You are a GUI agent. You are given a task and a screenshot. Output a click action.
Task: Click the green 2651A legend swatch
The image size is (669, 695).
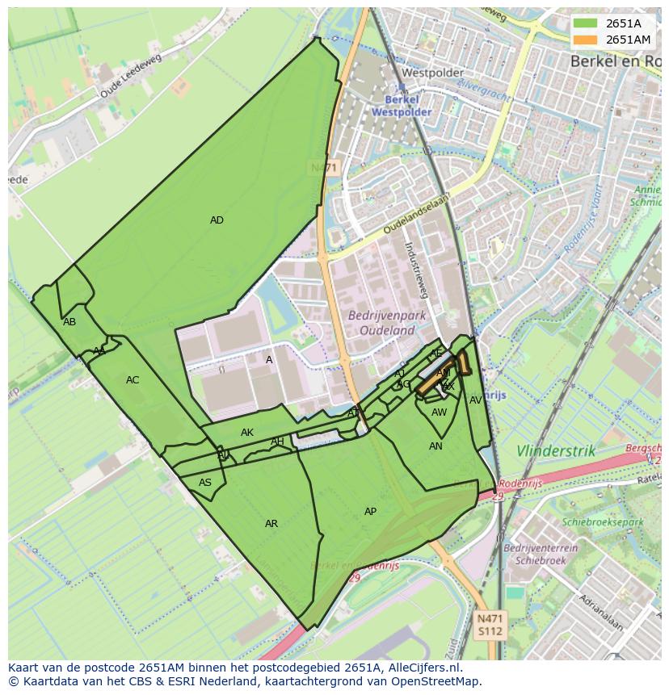pyautogui.click(x=586, y=23)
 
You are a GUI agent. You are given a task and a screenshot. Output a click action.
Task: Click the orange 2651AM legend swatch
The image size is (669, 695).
pyautogui.click(x=586, y=40)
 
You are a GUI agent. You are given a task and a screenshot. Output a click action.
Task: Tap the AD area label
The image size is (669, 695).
pyautogui.click(x=217, y=220)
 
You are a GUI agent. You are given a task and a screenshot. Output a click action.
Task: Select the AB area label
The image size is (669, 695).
pyautogui.click(x=69, y=322)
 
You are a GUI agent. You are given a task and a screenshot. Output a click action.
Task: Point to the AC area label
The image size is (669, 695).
pyautogui.click(x=133, y=380)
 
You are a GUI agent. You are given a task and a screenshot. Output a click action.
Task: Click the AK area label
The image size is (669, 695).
pyautogui.click(x=247, y=433)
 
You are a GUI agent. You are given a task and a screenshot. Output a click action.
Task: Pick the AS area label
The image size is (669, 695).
pyautogui.click(x=205, y=483)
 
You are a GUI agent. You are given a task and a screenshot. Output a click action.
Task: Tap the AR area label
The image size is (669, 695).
pyautogui.click(x=271, y=524)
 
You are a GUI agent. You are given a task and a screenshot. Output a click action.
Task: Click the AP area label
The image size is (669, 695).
pyautogui.click(x=370, y=512)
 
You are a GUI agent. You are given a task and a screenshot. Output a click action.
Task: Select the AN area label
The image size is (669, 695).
pyautogui.click(x=435, y=446)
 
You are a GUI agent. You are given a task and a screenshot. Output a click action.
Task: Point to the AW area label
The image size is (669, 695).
pyautogui.click(x=439, y=412)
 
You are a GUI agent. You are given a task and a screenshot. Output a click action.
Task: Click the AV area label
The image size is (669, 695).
pyautogui.click(x=476, y=400)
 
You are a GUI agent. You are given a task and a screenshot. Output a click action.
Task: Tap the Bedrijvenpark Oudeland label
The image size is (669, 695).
pyautogui.click(x=381, y=323)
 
